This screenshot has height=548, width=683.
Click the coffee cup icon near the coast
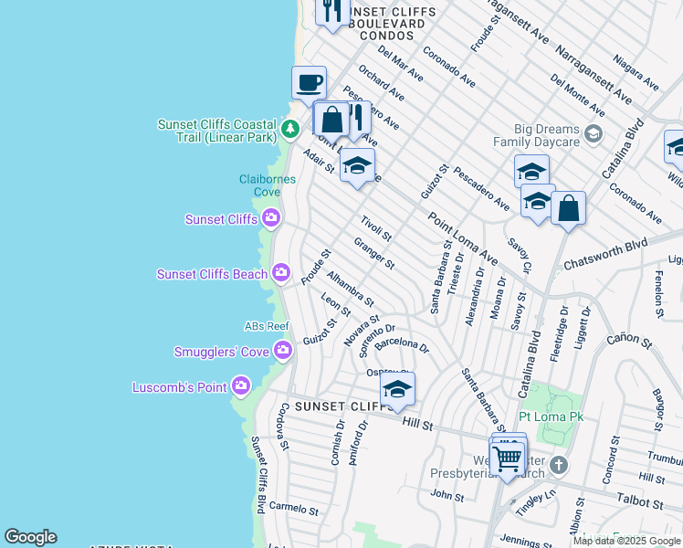(310, 83)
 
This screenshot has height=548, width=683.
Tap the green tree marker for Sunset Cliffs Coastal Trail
(290, 129)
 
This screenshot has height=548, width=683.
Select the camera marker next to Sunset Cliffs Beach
(280, 272)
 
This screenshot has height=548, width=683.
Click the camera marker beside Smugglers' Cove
(283, 350)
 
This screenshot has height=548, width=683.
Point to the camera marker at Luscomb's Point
(241, 386)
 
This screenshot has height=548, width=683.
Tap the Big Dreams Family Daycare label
(537, 135)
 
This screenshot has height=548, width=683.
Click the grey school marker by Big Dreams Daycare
(594, 134)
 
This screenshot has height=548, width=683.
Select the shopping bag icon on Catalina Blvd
(568, 209)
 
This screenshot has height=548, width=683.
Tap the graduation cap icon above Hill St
(397, 390)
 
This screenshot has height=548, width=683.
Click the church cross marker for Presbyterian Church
(559, 466)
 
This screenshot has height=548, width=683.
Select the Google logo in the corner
(30, 537)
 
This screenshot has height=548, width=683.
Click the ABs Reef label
(267, 326)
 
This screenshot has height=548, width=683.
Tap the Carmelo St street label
(293, 509)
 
